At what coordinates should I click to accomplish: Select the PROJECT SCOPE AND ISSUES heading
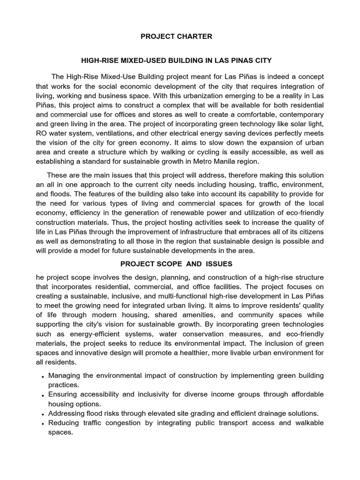180,264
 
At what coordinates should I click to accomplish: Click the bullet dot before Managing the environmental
43,376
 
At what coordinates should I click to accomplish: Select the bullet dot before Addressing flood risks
43,414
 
